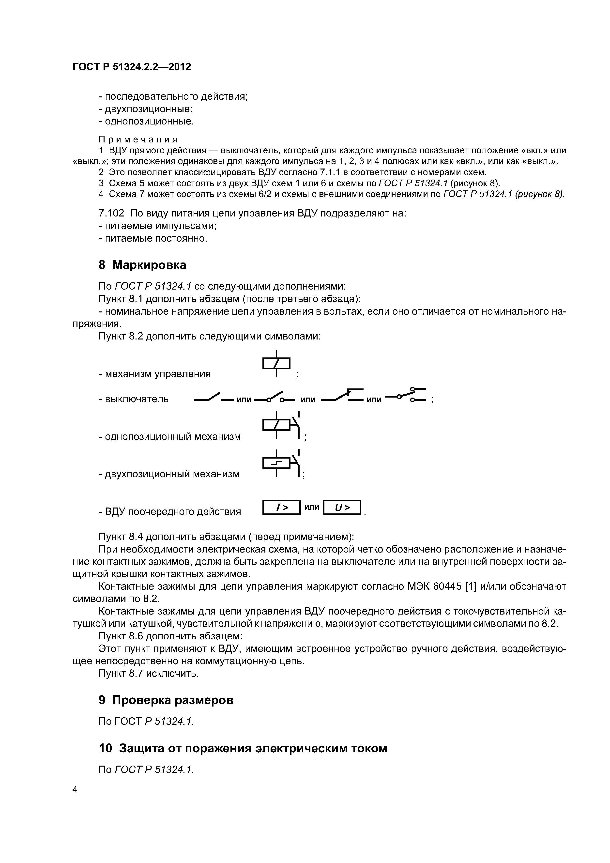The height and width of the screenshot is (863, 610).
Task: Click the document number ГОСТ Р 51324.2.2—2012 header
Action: click(132, 67)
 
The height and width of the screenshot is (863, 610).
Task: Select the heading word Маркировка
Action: click(149, 265)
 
